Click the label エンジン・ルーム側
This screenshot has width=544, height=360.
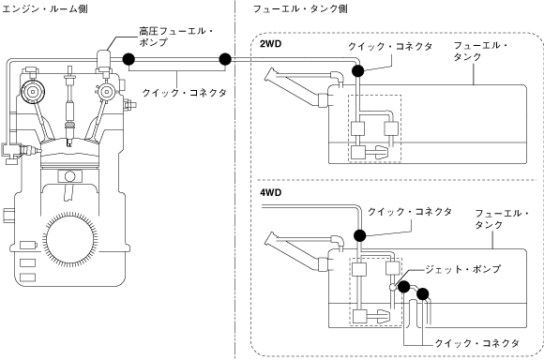[44, 8]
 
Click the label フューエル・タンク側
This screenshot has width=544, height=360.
[300, 8]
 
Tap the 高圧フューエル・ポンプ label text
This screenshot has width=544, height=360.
[176, 37]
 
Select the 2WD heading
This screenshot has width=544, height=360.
[271, 44]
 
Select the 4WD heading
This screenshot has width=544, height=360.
[271, 192]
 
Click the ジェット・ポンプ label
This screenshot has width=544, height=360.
[463, 269]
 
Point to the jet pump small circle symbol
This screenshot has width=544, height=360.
[392, 287]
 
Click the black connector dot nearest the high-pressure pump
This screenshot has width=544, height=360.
[128, 59]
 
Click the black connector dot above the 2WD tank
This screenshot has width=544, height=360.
[357, 70]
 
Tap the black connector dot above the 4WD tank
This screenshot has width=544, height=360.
[360, 235]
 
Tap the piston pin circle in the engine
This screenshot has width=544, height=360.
[69, 176]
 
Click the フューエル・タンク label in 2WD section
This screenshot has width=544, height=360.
[480, 51]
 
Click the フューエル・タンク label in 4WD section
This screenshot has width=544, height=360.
[502, 218]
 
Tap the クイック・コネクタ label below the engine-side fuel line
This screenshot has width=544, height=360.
[185, 93]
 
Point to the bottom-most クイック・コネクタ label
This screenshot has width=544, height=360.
[477, 343]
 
